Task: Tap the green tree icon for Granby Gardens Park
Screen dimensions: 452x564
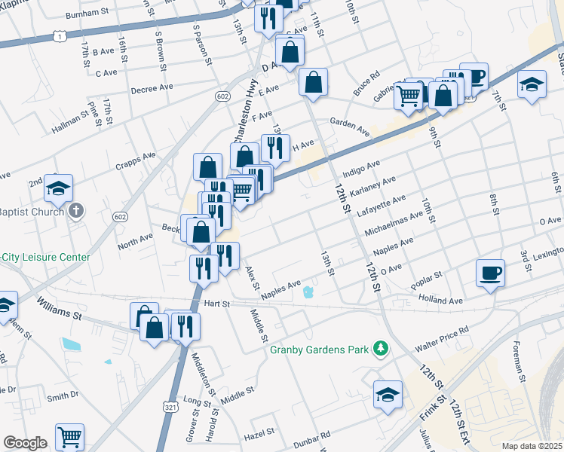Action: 382,348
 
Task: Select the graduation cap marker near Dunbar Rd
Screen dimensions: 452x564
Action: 388,395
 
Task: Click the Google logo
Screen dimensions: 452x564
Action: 25,443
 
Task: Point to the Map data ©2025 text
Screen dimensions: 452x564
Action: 532,446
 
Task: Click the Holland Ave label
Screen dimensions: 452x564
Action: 440,300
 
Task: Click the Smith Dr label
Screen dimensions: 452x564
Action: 63,395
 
